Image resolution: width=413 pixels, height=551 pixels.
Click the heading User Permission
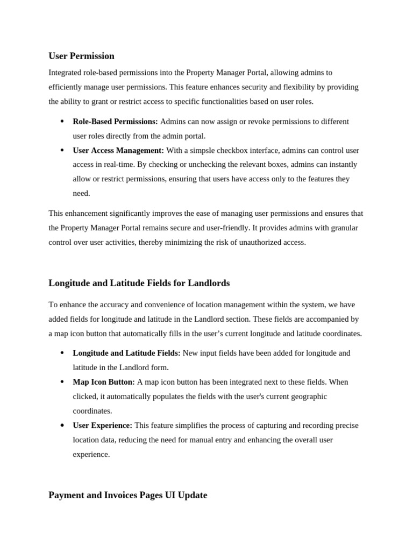coord(81,56)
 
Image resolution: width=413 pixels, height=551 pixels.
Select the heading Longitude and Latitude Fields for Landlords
coord(139,283)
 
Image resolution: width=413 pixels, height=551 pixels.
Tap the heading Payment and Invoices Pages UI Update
coord(127,495)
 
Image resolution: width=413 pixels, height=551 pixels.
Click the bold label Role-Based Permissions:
coord(115,122)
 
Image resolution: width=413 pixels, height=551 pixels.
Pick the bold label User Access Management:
coord(118,151)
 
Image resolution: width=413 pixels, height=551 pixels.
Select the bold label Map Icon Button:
coord(104,382)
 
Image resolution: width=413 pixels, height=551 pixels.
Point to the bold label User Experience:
coord(102,426)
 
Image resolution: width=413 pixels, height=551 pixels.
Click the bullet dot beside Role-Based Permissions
coord(62,122)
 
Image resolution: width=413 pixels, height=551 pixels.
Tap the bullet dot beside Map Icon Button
coord(62,382)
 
